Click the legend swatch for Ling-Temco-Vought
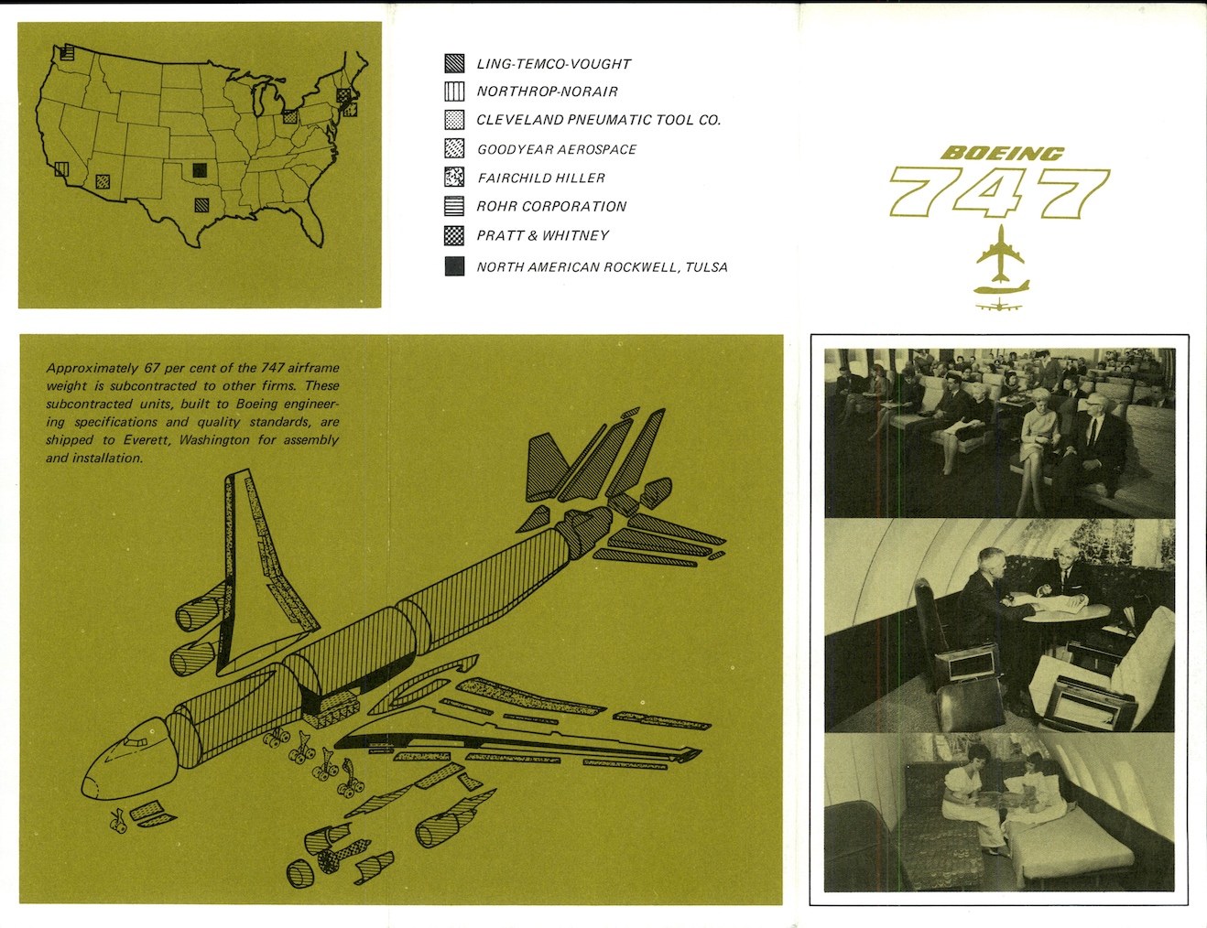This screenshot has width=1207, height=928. point(454,63)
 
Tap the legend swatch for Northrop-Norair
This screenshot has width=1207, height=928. point(454,91)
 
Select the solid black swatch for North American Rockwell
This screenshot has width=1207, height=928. point(454,266)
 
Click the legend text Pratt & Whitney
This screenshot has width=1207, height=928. point(542,235)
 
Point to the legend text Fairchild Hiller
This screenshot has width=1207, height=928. point(541,178)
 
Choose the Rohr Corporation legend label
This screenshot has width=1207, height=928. point(551,207)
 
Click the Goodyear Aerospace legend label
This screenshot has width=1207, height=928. point(557,149)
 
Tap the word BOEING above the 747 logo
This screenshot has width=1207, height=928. point(1003,154)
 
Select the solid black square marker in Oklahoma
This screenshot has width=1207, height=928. point(200,170)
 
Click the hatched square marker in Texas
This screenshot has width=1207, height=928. point(201,205)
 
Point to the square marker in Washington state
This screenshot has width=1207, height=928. point(67,52)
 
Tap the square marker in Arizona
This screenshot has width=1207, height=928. point(103,181)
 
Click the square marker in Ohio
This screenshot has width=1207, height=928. point(289,116)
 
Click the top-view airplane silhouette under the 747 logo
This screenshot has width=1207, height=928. point(1000,254)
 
